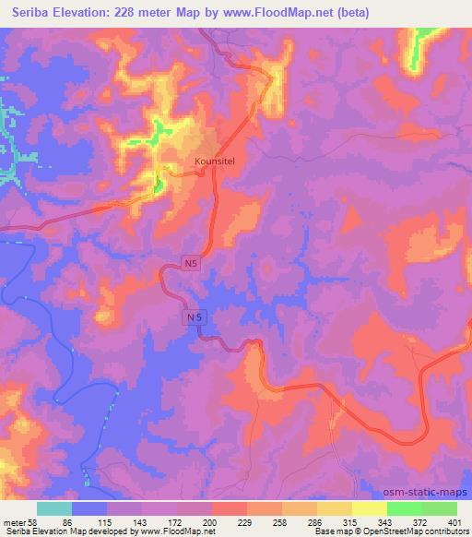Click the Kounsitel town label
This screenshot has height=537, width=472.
(x=216, y=161)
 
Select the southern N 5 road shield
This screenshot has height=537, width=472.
(x=191, y=316)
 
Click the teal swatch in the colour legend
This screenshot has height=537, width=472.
(x=54, y=508)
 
